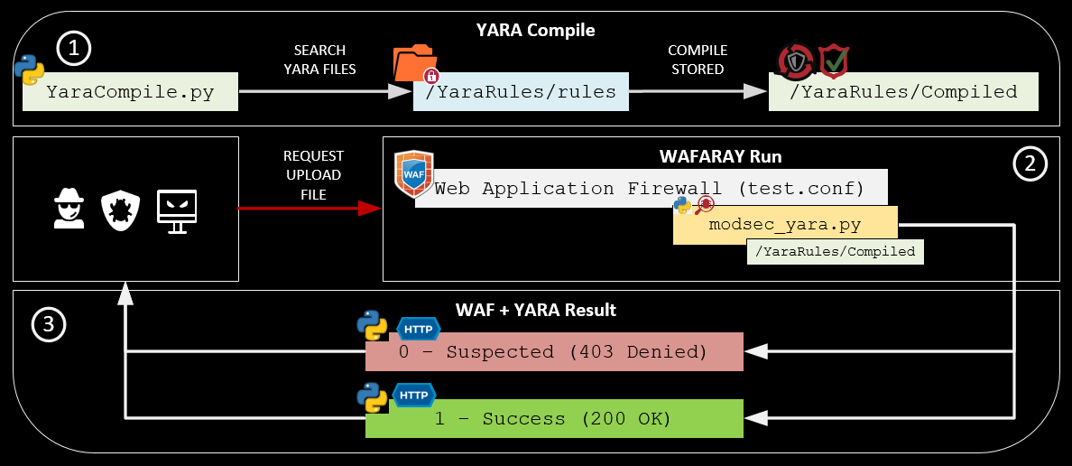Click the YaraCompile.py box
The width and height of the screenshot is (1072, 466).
click(130, 92)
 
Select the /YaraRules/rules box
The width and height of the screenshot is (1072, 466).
click(521, 92)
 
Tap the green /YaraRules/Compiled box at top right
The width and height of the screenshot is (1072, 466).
click(902, 92)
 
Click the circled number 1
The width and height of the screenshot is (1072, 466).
click(75, 50)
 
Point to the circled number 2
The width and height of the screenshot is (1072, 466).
click(1030, 163)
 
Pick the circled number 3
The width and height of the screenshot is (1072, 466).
click(49, 325)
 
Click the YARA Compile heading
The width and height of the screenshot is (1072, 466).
click(535, 30)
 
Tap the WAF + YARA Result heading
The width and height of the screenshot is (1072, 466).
click(535, 310)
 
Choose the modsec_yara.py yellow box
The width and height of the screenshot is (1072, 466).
click(785, 225)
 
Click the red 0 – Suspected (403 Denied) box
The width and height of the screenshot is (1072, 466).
click(553, 351)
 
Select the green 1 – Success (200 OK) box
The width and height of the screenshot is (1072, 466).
click(553, 419)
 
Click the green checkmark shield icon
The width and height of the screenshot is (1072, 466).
click(833, 62)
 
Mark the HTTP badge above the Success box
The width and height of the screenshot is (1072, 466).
click(413, 396)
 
